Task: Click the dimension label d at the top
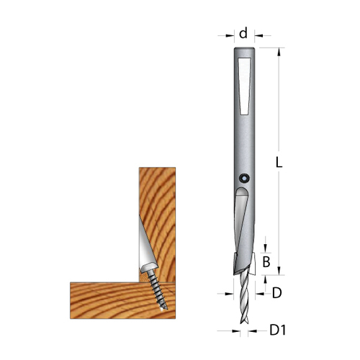243,32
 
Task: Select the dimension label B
266,262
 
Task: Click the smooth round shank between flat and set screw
243,140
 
